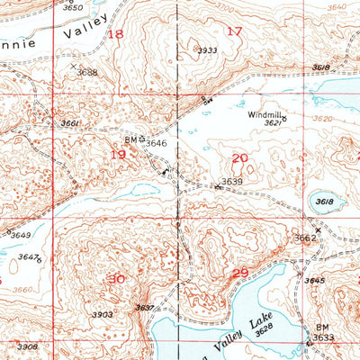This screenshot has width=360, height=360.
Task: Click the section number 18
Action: pos(115,34)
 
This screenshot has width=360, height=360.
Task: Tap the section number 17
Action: pos(235,32)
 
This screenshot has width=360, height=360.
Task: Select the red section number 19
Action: pos(117,154)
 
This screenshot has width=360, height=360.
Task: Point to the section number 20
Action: pos(239,157)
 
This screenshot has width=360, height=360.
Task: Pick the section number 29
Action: pos(239,273)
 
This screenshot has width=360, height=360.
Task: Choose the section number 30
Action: pos(115,279)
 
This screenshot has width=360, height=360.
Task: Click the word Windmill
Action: pos(263,114)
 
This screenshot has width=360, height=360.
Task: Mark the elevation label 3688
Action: pos(86,72)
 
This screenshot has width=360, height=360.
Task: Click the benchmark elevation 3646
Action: pos(157,142)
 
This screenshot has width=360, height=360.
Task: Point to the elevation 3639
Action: pos(232,182)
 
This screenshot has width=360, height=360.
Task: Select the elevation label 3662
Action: pos(305,238)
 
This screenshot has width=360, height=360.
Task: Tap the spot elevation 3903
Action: pos(102,315)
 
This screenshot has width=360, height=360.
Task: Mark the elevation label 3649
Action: pos(20,236)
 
